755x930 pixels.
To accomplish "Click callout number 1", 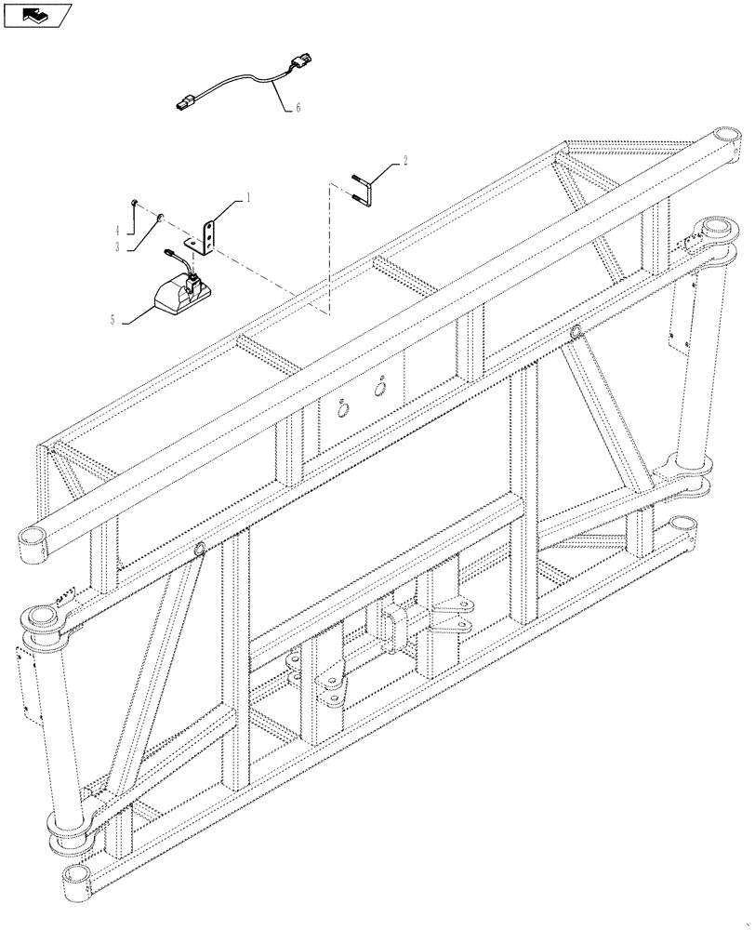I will tap(248, 197).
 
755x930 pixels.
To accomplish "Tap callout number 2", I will tap(404, 161).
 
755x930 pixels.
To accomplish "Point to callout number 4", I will tap(117, 229).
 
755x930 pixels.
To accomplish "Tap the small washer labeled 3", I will tap(160, 218).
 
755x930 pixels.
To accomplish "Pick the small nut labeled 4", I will tap(136, 202).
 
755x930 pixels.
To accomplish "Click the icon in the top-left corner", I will tap(37, 15).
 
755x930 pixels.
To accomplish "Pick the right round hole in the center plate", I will tap(379, 388).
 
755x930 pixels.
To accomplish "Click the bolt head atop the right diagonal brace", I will tap(576, 332).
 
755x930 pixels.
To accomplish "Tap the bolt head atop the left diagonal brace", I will tap(199, 550).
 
